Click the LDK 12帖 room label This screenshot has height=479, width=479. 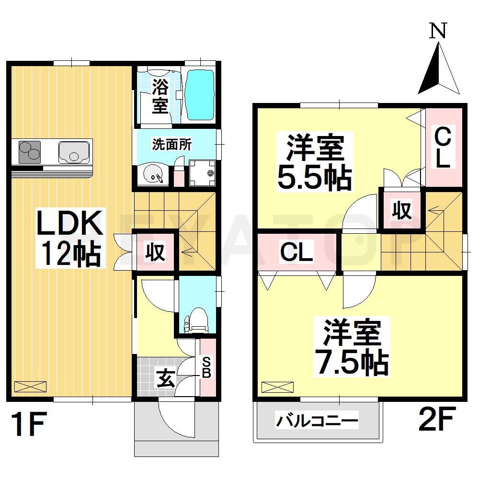pyautogui.click(x=70, y=238)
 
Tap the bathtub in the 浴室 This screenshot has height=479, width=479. pyautogui.click(x=199, y=96)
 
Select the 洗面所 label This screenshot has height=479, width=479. pyautogui.click(x=172, y=145)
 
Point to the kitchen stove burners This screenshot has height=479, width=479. pyautogui.click(x=30, y=152)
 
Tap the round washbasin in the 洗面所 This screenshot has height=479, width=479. pyautogui.click(x=154, y=175)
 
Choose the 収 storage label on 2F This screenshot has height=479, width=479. pyautogui.click(x=402, y=210)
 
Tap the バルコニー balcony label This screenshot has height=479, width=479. pyautogui.click(x=317, y=422)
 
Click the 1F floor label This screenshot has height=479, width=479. pyautogui.click(x=28, y=424)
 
